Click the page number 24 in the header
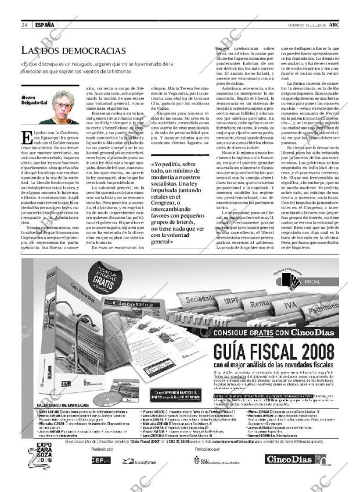(x=24, y=25)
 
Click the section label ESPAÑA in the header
(x=45, y=25)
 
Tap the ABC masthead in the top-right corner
(x=335, y=25)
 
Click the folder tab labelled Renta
(x=258, y=303)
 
